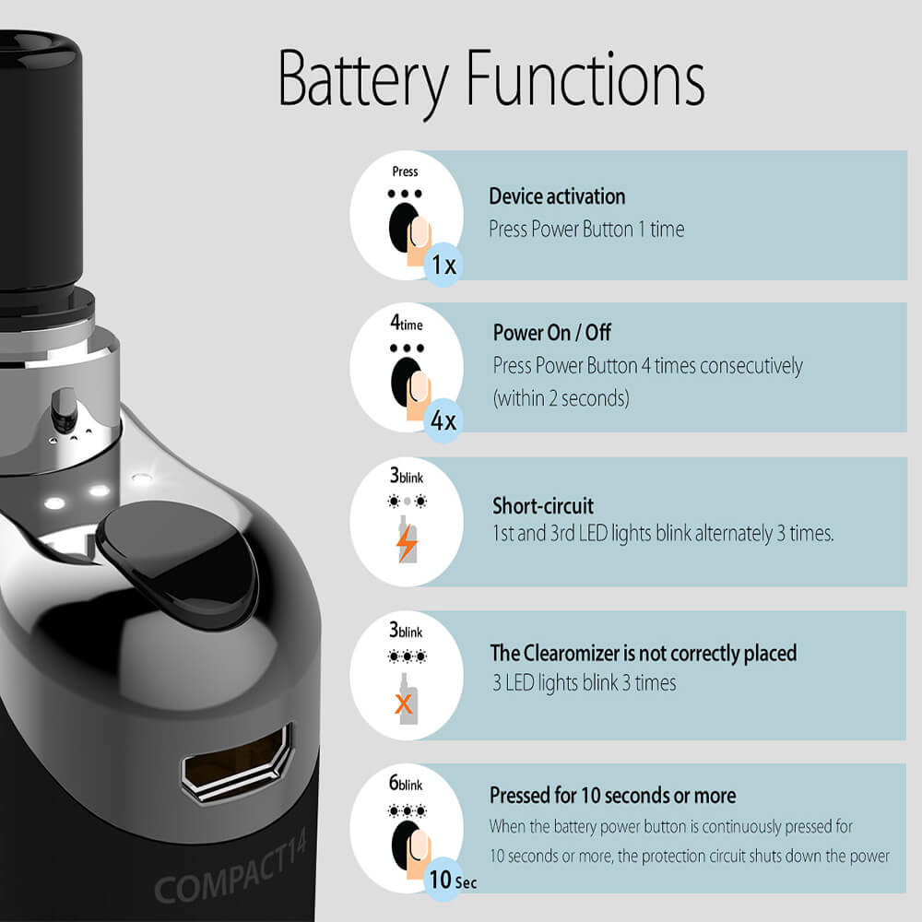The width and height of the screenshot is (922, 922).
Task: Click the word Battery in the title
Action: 362,81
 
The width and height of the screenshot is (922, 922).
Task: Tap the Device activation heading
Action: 557,196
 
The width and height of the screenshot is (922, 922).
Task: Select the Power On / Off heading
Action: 551,333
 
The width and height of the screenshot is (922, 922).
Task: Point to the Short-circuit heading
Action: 543,505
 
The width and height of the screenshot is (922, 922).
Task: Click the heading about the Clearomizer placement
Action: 644,654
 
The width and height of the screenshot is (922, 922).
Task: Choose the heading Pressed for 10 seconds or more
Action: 613,795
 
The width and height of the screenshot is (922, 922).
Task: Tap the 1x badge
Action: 443,265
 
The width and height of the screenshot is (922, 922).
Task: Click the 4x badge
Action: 443,420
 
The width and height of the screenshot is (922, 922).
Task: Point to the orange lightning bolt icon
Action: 407,543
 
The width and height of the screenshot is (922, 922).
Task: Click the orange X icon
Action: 404,703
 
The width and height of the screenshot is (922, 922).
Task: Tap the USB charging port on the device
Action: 238,762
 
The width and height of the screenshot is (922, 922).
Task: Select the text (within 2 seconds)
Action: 561,398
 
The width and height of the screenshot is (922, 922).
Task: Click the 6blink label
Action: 406,783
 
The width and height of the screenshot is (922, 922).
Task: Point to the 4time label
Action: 407,323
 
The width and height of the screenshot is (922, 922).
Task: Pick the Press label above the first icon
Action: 405,171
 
